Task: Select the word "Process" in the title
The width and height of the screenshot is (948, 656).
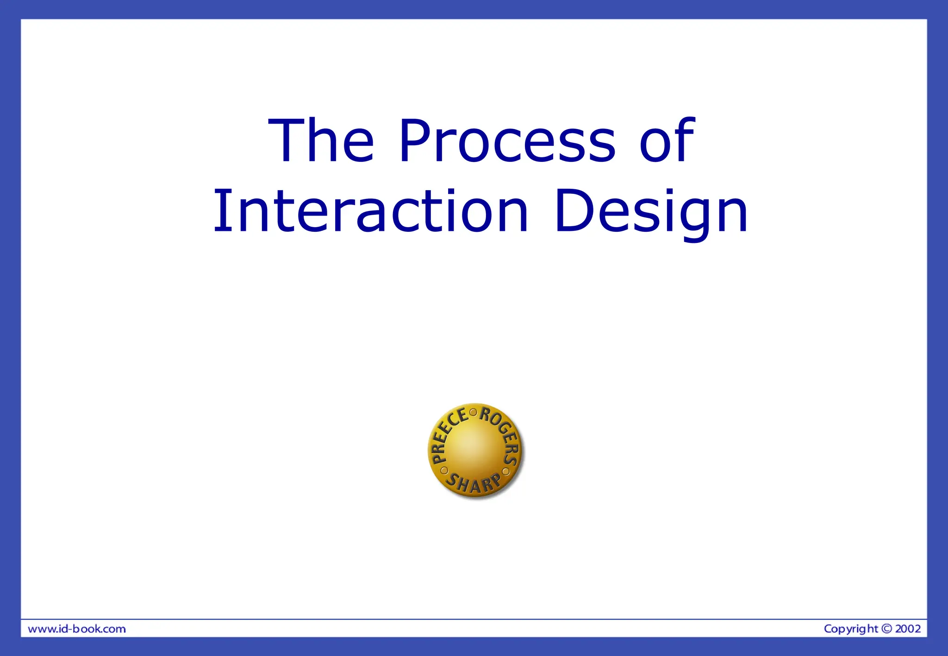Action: click(507, 141)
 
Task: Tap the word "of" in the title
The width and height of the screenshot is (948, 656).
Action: click(667, 141)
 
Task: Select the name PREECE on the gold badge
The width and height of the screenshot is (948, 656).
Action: click(446, 434)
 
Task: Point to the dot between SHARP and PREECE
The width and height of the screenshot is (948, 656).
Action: click(443, 470)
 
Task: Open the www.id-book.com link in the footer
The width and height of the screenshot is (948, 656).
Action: click(77, 629)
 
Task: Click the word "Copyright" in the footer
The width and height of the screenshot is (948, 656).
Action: click(851, 629)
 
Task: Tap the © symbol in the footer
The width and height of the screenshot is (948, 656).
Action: click(886, 629)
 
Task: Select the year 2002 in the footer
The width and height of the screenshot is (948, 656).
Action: click(908, 629)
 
